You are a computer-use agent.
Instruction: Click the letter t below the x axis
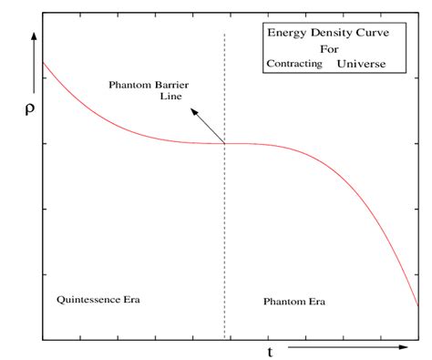(x=270, y=352)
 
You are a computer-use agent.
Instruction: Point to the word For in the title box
(x=327, y=49)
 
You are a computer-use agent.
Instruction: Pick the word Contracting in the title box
(x=294, y=65)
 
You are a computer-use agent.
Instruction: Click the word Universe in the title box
(x=360, y=65)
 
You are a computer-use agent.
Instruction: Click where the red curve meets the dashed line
(x=224, y=143)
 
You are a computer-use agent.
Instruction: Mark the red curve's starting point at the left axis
(x=42, y=62)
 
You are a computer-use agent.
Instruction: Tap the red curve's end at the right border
(x=417, y=305)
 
